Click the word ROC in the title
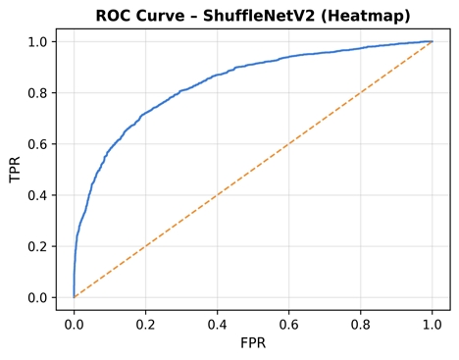(114, 16)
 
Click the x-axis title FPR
(252, 344)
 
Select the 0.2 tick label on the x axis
(145, 322)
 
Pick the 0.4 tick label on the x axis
(217, 322)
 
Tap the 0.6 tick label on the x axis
(288, 322)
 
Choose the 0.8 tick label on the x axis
(360, 322)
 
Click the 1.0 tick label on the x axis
(432, 322)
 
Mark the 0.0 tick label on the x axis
(74, 322)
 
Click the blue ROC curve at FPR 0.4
(217, 75)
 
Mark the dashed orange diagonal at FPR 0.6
(288, 143)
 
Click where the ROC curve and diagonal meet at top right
(432, 41)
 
